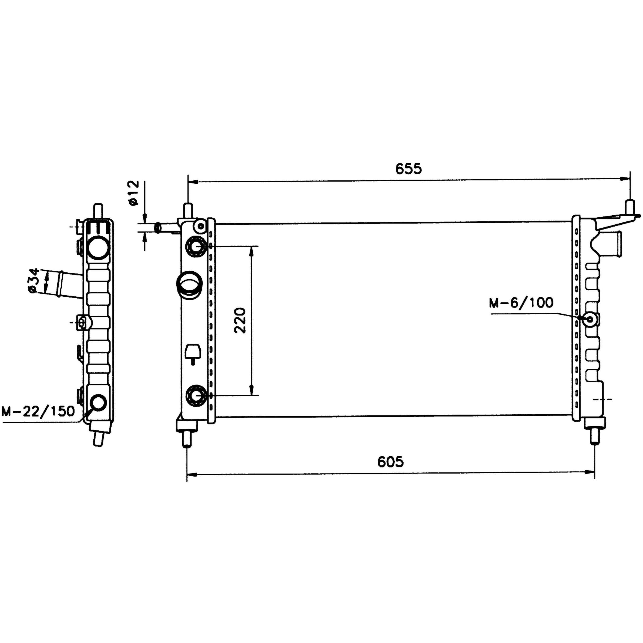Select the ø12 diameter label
133,193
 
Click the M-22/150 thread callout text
39,411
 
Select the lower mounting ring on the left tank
196,395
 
